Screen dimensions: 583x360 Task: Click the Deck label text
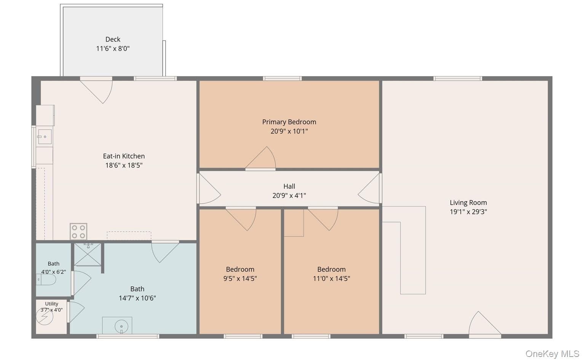coord(113,39)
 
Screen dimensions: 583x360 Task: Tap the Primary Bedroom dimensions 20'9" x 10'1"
coord(289,131)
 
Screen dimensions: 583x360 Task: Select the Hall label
coord(289,186)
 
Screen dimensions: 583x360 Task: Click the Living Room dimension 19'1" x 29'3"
coord(468,212)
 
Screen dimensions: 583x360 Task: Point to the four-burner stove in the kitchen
coord(78,231)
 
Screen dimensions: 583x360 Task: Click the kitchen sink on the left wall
coord(45,137)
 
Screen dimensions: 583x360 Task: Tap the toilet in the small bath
coord(46,280)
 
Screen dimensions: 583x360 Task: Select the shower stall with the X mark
coord(88,255)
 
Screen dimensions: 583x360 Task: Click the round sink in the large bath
coord(121,327)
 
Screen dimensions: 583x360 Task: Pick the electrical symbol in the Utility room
coord(45,316)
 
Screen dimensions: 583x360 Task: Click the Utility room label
coord(51,304)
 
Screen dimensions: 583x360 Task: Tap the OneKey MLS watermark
coord(552,354)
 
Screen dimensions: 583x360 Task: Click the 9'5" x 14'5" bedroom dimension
coord(240,279)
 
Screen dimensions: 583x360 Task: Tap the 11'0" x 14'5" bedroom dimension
coord(331,279)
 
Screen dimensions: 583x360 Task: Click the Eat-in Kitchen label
coord(124,156)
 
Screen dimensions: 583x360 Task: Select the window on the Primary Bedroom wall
coord(282,78)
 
